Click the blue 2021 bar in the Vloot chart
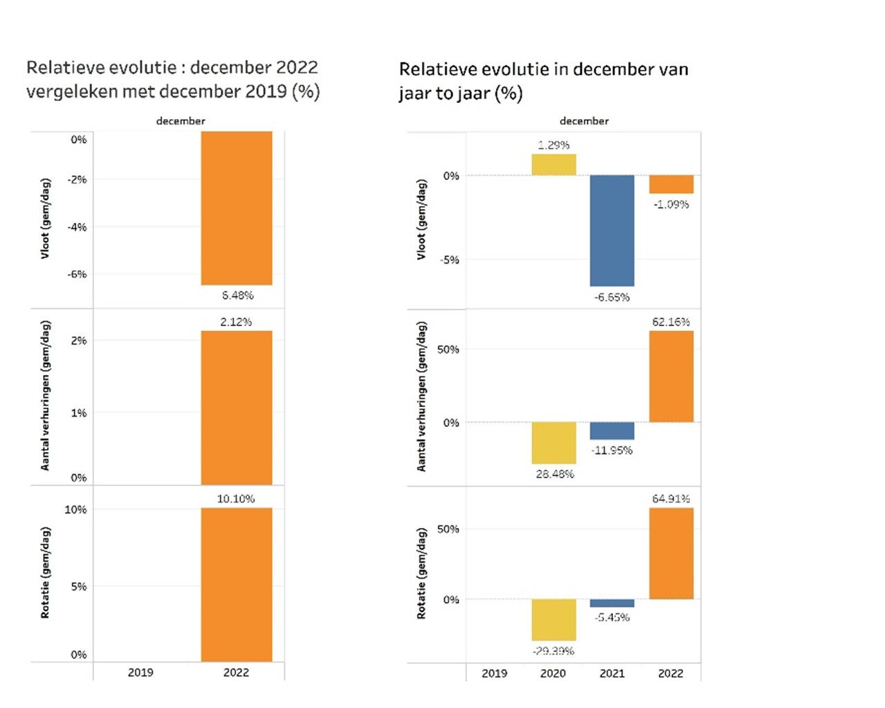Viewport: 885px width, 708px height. point(612,230)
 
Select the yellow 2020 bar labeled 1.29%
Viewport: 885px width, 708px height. point(554,165)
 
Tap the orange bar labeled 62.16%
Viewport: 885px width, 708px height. point(671,376)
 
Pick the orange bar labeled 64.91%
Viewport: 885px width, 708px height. point(671,554)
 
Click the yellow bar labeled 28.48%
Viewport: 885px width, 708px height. point(554,443)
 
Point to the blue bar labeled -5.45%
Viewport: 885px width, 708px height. point(612,603)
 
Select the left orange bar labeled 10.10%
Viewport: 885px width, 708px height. point(237,585)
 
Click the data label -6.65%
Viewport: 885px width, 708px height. point(612,298)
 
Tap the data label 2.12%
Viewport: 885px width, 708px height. point(236,322)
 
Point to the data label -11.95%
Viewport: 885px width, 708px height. point(612,451)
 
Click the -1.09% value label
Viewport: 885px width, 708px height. point(671,205)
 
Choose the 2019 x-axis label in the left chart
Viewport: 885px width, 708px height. point(140,672)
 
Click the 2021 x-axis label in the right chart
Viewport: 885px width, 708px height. point(612,673)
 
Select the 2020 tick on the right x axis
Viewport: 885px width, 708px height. point(553,673)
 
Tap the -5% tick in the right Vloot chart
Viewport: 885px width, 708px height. point(450,260)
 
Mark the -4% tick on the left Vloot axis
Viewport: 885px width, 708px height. point(77,227)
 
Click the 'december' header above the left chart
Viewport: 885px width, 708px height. point(181,121)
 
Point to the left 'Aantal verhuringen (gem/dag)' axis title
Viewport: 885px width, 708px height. point(46,396)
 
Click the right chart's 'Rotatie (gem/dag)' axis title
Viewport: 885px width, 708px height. point(421,573)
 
